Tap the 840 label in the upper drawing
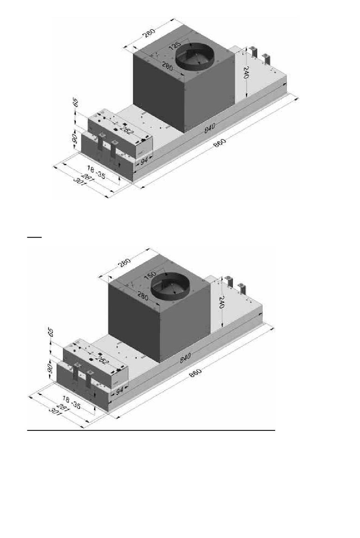pyautogui.click(x=210, y=128)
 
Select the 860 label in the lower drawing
pyautogui.click(x=195, y=373)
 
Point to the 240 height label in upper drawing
pyautogui.click(x=247, y=73)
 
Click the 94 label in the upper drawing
pyautogui.click(x=144, y=161)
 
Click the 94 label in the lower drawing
pyautogui.click(x=120, y=391)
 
